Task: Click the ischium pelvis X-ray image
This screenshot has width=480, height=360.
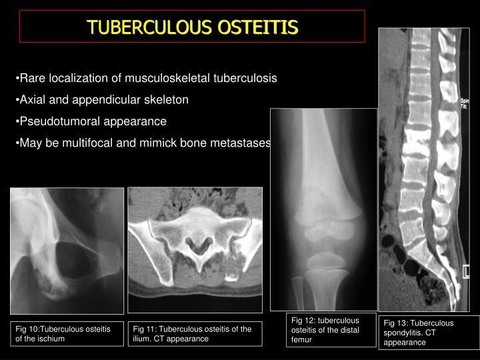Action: click(67, 250)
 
